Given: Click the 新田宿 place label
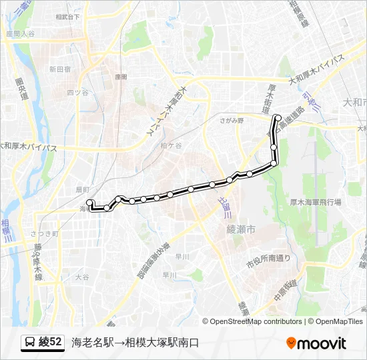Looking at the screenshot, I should click(x=59, y=69).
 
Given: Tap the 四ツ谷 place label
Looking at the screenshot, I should click(x=77, y=92).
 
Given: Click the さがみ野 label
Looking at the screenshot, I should click(x=232, y=120).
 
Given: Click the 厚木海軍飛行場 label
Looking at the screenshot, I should click(x=316, y=201).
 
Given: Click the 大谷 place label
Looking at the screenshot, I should click(x=81, y=276).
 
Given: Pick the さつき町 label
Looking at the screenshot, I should click(x=45, y=234).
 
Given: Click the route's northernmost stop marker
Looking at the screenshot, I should click(x=278, y=118).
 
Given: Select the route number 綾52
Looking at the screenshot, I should click(x=51, y=343).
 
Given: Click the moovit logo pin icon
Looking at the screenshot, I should click(x=291, y=343).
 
